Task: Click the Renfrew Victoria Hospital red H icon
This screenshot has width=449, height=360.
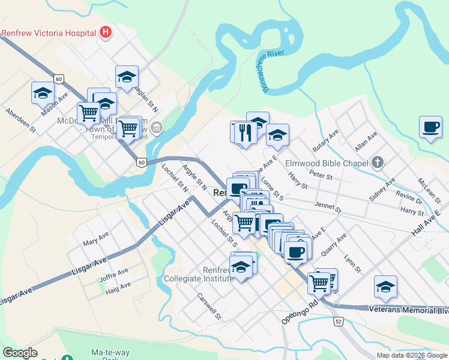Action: pos(106,32)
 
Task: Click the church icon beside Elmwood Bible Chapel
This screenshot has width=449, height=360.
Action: pos(377,162)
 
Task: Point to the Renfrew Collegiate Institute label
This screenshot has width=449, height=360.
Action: pos(198,274)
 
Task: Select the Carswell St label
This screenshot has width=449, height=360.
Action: pos(209,305)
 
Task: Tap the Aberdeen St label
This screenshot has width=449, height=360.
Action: pos(21,120)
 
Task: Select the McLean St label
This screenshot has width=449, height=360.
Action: pos(430,191)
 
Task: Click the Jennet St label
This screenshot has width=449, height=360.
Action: pos(328,207)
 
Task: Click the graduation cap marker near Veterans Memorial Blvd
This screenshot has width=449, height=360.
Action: pos(385,287)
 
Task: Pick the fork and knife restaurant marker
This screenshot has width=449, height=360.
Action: pos(246,131)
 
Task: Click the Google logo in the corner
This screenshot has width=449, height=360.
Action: pos(20,353)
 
